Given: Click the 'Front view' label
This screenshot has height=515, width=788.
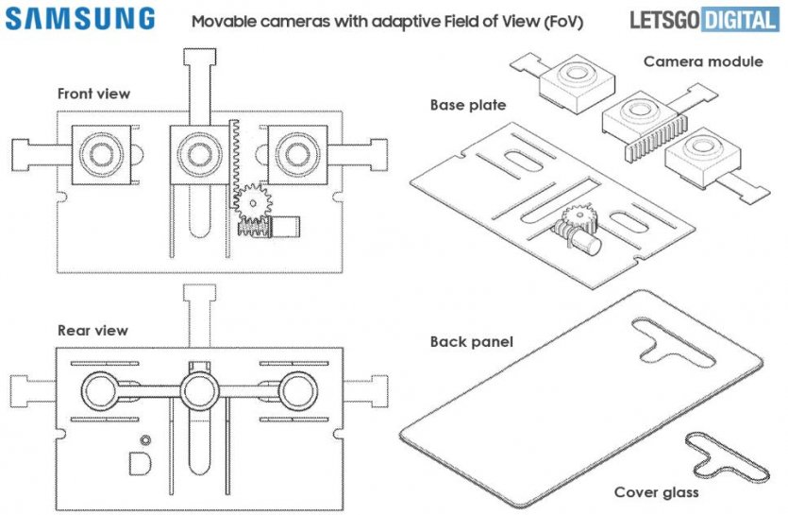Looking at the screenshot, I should [93, 94].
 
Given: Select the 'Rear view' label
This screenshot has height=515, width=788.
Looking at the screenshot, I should [92, 331].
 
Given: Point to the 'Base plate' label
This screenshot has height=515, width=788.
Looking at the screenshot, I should [467, 105].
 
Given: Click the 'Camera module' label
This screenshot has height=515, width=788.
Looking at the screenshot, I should [703, 61].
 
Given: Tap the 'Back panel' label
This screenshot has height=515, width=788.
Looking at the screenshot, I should [471, 341].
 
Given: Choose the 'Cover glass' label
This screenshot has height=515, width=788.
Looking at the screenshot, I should [656, 492].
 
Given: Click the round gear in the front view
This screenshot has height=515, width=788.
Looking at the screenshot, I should [251, 203].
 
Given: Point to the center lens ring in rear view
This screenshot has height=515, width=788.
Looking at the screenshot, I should [200, 389].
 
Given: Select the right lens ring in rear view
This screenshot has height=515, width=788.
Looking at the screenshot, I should [298, 389].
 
